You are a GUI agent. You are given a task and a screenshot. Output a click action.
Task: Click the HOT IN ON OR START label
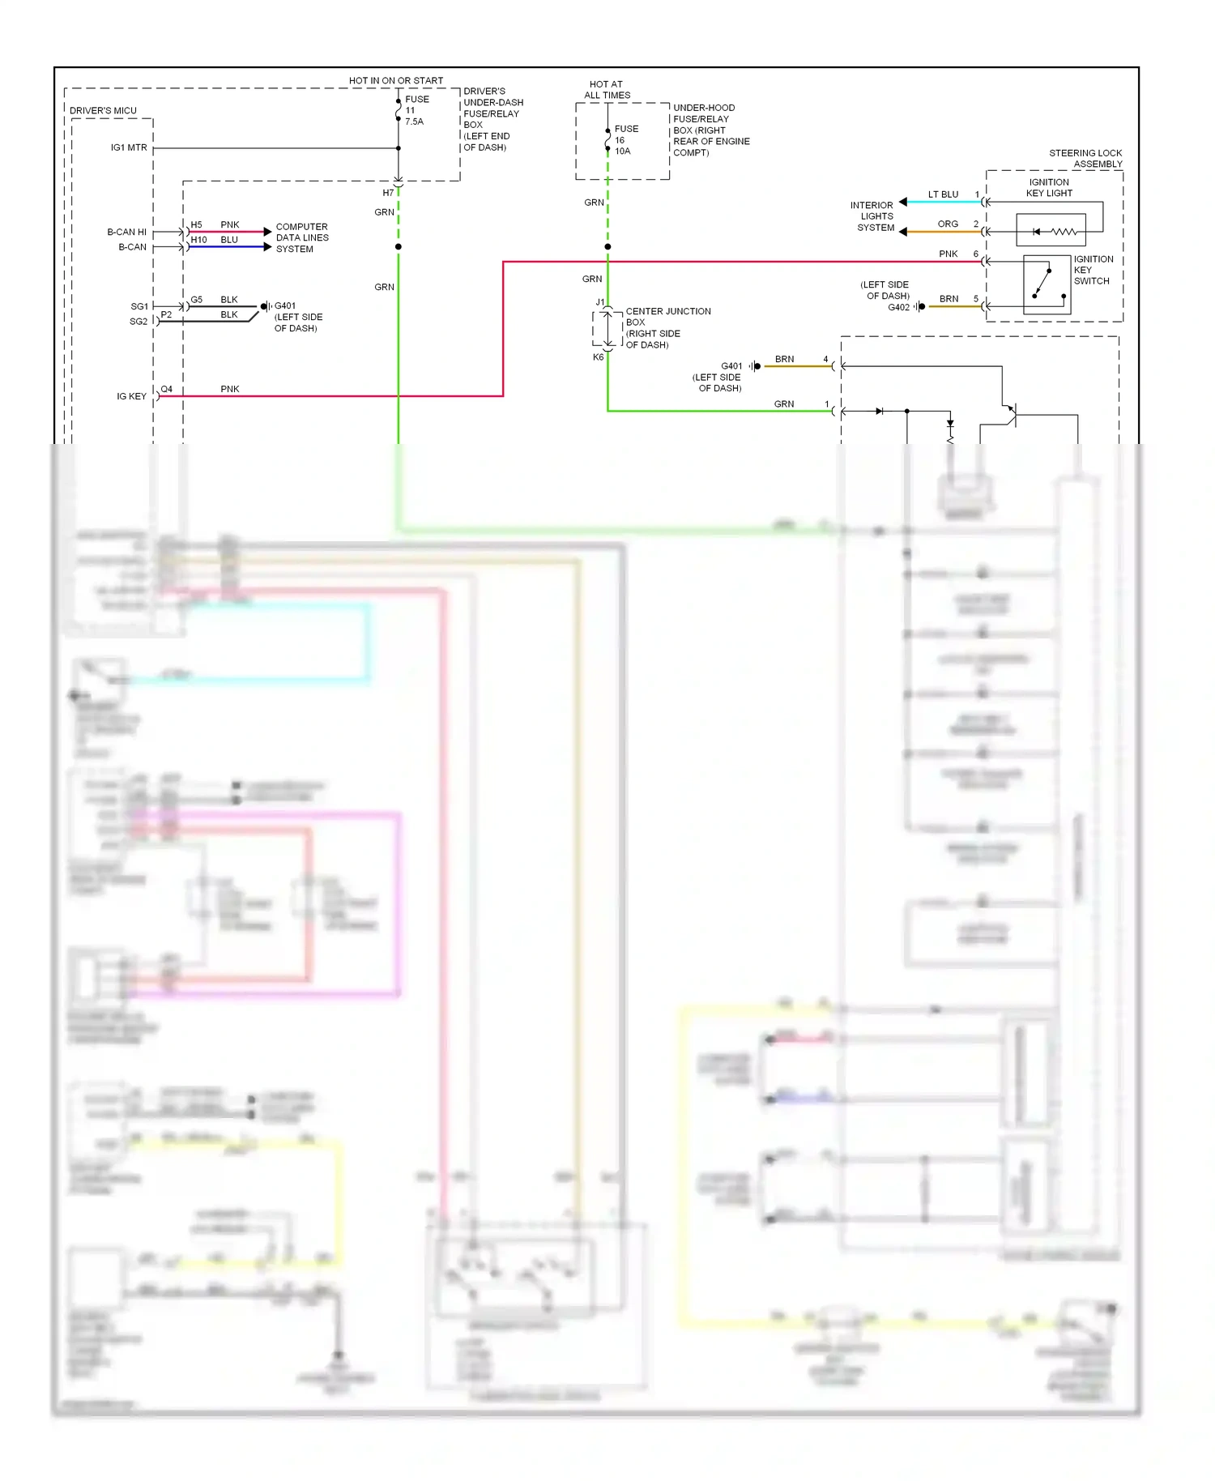pyautogui.click(x=396, y=80)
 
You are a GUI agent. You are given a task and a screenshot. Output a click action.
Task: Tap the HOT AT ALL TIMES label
pyautogui.click(x=607, y=90)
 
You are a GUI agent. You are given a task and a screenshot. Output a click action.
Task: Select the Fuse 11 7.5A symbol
pyautogui.click(x=399, y=109)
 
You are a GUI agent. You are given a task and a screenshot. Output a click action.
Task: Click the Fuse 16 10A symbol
pyautogui.click(x=607, y=139)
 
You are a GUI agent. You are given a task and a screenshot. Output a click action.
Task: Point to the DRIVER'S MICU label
pyautogui.click(x=103, y=110)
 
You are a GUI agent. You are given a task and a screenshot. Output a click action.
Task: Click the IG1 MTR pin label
pyautogui.click(x=129, y=147)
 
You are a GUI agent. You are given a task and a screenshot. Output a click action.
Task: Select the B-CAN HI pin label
pyautogui.click(x=126, y=232)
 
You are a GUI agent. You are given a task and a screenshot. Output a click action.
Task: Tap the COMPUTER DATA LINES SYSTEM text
pyautogui.click(x=301, y=237)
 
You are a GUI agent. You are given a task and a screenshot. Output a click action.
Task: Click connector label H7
pyautogui.click(x=388, y=193)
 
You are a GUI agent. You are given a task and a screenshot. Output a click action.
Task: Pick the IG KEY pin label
pyautogui.click(x=131, y=396)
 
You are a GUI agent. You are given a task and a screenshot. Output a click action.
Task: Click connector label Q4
pyautogui.click(x=166, y=389)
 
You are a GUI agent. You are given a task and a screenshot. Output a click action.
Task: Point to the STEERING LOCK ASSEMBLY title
pyautogui.click(x=1085, y=158)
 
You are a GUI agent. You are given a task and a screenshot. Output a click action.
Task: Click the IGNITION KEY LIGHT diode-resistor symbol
pyautogui.click(x=1051, y=231)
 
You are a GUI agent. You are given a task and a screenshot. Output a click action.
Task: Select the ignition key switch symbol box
pyautogui.click(x=1047, y=284)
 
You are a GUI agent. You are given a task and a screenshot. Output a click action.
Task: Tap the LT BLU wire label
pyautogui.click(x=943, y=194)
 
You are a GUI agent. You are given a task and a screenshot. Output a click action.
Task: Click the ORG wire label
pyautogui.click(x=948, y=224)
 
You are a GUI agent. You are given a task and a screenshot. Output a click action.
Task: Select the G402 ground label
pyautogui.click(x=898, y=307)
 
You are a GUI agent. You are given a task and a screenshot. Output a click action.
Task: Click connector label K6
pyautogui.click(x=598, y=356)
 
